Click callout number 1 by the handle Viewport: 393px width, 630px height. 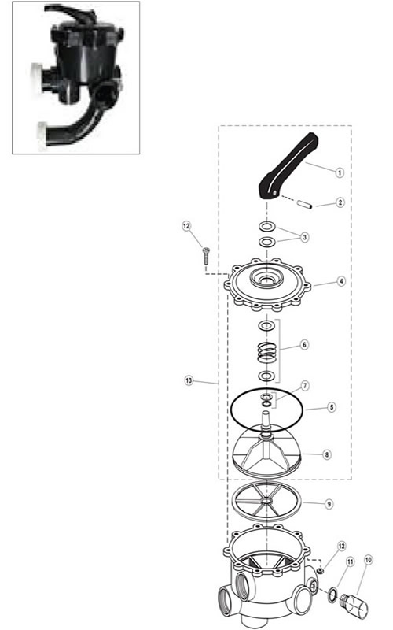(x=340, y=172)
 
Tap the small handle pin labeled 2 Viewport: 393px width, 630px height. (x=306, y=205)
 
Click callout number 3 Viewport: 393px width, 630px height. (x=305, y=237)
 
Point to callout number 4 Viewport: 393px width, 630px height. (x=341, y=281)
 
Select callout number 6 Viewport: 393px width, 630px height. (x=304, y=345)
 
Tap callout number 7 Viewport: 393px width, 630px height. (x=306, y=386)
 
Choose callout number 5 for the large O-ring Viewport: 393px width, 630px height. (x=331, y=407)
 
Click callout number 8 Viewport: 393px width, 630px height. (x=327, y=455)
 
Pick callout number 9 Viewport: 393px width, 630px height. (x=329, y=504)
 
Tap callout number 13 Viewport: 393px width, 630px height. (x=189, y=380)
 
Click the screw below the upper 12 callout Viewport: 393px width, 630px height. (x=207, y=256)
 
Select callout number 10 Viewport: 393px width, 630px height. (x=368, y=559)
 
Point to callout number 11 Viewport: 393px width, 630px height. (x=350, y=561)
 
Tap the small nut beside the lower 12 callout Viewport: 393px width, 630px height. (x=320, y=570)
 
